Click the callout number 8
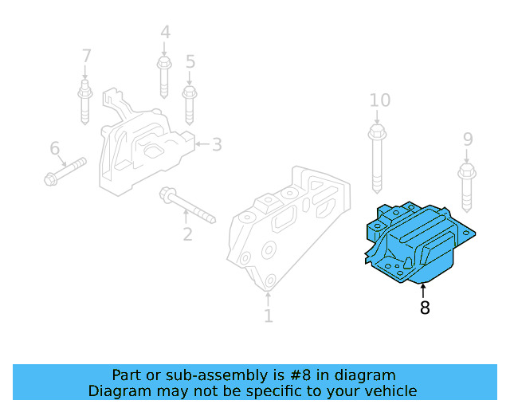425,308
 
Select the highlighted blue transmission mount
419,243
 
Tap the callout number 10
380,100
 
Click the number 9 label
468,139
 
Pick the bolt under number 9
466,182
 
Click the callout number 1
269,316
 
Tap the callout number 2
187,234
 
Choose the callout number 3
217,144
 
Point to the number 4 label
165,33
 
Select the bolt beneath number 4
164,75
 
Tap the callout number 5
190,61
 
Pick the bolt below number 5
190,103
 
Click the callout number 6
54,148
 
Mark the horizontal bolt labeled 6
64,172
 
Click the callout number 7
86,57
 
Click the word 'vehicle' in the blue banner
386,390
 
